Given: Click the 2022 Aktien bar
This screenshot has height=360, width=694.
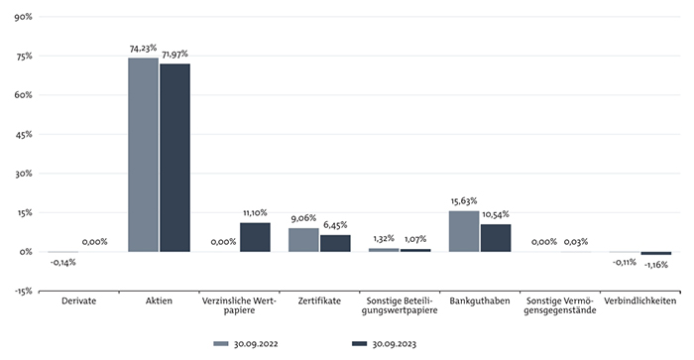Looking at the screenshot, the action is (143, 155).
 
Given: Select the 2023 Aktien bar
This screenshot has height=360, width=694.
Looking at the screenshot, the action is (175, 158).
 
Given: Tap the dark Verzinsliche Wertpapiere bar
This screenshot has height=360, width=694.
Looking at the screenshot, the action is (255, 237).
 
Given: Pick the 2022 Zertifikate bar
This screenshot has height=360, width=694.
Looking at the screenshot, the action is (303, 240).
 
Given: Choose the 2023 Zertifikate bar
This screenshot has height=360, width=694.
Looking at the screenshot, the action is (335, 244).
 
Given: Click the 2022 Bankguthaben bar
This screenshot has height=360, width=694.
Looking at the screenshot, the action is (464, 232).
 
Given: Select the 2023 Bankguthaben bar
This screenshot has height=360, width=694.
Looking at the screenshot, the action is (496, 238).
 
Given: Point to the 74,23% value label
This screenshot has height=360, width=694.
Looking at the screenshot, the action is (143, 49).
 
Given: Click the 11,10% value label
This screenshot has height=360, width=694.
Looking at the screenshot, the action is (255, 213).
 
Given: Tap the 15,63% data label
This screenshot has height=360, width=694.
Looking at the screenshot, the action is (464, 201).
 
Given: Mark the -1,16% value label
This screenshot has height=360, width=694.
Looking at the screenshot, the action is (656, 265).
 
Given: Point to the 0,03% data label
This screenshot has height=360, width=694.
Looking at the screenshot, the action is (576, 242).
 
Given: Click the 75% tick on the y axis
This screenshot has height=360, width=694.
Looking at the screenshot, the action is (24, 57).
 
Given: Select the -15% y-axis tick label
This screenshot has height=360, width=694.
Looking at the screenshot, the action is (23, 292).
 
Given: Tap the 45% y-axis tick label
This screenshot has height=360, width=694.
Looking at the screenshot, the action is (24, 134).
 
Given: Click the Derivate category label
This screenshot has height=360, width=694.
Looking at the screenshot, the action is (78, 301).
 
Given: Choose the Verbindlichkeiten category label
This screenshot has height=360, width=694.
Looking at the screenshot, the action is (640, 301).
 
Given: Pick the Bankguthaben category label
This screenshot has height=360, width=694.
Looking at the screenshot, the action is (480, 301).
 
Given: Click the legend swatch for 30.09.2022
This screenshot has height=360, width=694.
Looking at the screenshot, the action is (221, 343).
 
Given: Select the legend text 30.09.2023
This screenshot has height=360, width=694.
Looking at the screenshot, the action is (394, 344).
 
